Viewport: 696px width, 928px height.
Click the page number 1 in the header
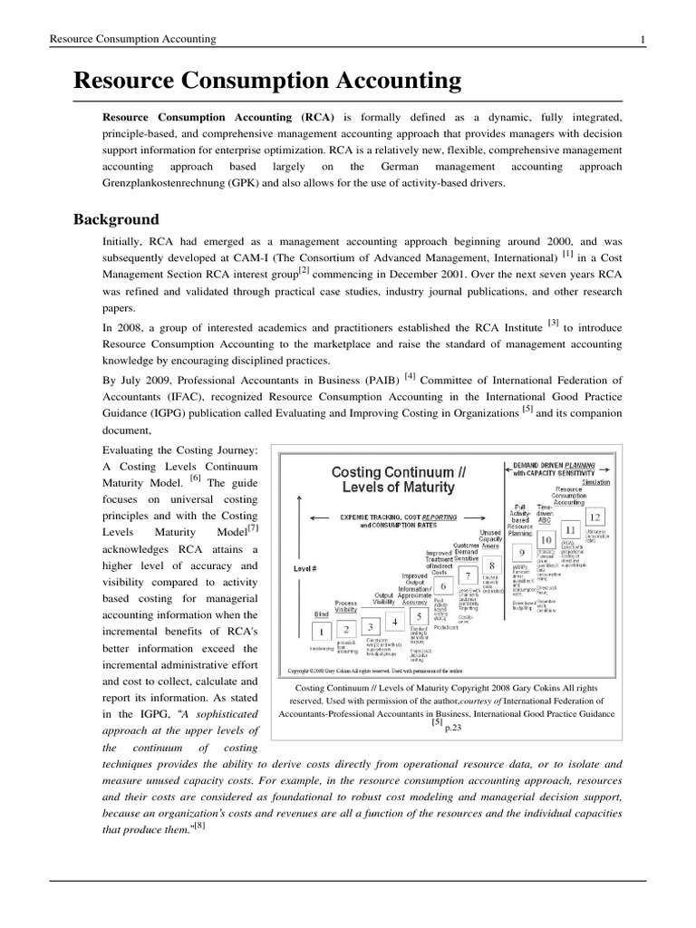pyautogui.click(x=642, y=39)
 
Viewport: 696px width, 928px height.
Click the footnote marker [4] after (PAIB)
pyautogui.click(x=411, y=376)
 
